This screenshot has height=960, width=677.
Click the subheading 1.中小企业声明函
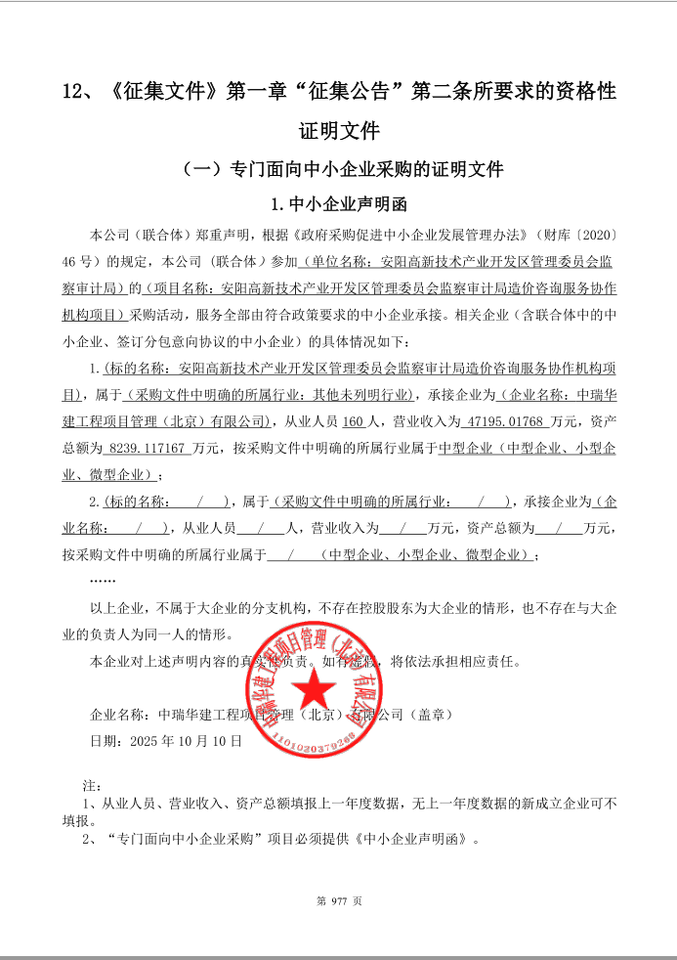[x=338, y=205]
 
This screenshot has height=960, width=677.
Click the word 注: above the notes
[x=90, y=785]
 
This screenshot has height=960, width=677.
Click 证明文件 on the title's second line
[x=339, y=130]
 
